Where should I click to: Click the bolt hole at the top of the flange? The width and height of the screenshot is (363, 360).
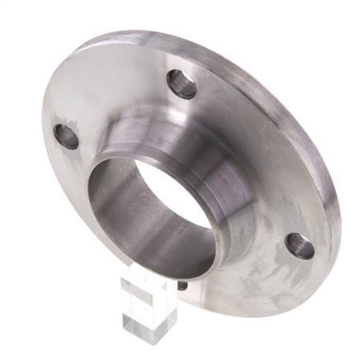(x=181, y=83)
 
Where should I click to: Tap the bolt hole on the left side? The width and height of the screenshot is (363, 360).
(x=66, y=136)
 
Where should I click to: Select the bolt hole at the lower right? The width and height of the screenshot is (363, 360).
(x=299, y=245)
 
